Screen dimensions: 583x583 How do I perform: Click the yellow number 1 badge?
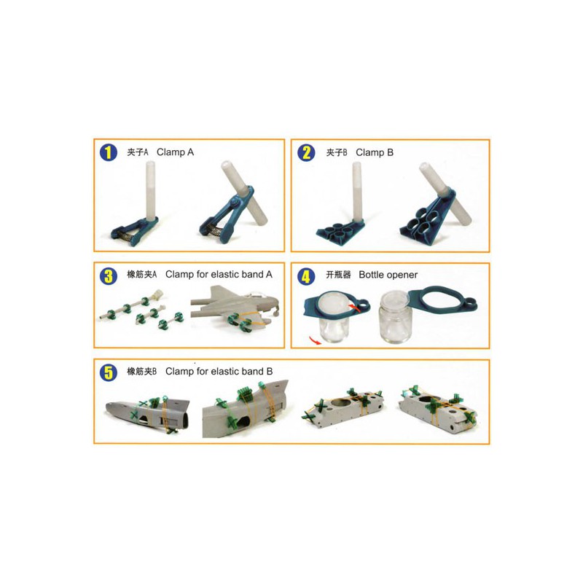[x=109, y=152]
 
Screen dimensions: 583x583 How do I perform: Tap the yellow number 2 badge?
[x=307, y=152]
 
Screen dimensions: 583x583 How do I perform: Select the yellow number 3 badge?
[x=109, y=275]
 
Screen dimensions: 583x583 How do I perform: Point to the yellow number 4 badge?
[x=307, y=275]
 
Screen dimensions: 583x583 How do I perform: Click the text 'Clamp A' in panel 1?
[x=175, y=152]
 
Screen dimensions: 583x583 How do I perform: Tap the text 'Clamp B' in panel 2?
[x=375, y=152]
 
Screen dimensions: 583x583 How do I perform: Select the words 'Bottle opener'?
[x=388, y=275]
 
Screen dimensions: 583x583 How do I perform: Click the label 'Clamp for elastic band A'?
[x=219, y=275]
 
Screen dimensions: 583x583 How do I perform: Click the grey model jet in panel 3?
[x=233, y=306]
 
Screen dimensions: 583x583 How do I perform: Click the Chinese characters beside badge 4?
[x=338, y=275]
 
